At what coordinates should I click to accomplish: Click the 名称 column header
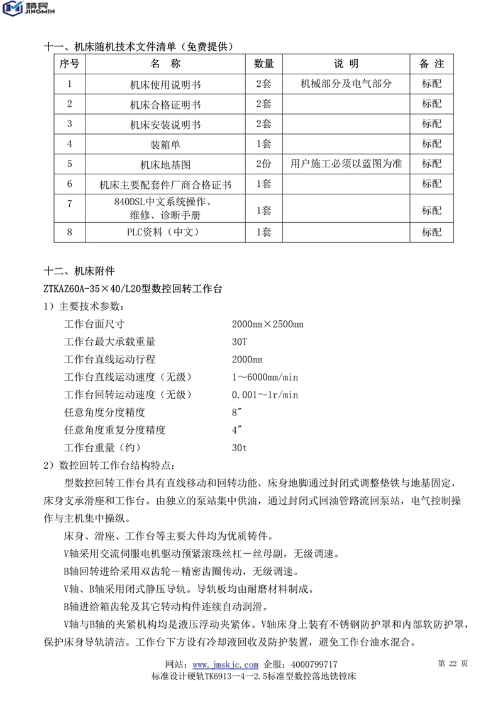tap(166, 64)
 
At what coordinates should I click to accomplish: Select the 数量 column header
tap(263, 64)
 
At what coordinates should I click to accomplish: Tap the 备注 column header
tap(431, 64)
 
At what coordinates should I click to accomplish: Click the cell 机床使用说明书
tap(166, 84)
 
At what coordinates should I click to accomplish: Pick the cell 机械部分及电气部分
tap(346, 83)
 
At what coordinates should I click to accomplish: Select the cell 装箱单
tap(166, 144)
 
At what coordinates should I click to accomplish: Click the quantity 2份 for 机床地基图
tap(263, 164)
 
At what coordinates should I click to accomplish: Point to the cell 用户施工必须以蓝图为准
tap(346, 164)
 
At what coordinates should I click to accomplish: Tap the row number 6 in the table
tap(70, 184)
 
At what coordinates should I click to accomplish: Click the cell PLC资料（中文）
tap(166, 232)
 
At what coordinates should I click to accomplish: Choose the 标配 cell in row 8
tap(431, 232)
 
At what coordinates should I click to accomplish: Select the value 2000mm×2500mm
tap(267, 324)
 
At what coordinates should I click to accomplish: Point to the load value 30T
tap(240, 342)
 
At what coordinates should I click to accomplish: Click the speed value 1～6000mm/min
tap(265, 377)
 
